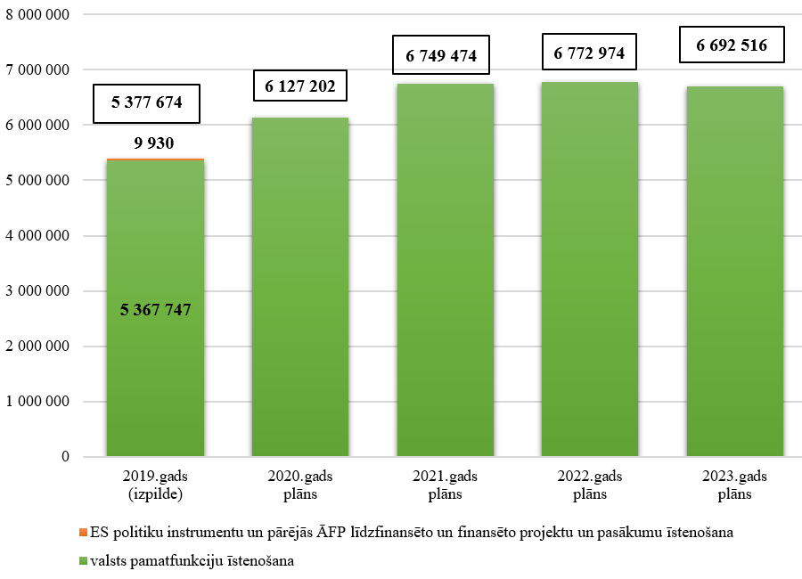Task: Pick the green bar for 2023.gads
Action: pos(734,272)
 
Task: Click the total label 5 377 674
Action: pos(147,102)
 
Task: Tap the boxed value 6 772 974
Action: pos(589,53)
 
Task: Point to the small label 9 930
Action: pos(155,142)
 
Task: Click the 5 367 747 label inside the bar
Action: pos(156,310)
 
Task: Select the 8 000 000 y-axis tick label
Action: pos(37,14)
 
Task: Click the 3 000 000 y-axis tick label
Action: pos(37,291)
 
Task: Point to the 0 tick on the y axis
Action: pos(65,457)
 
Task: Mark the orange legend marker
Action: pos(84,533)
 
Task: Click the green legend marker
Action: pos(84,562)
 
